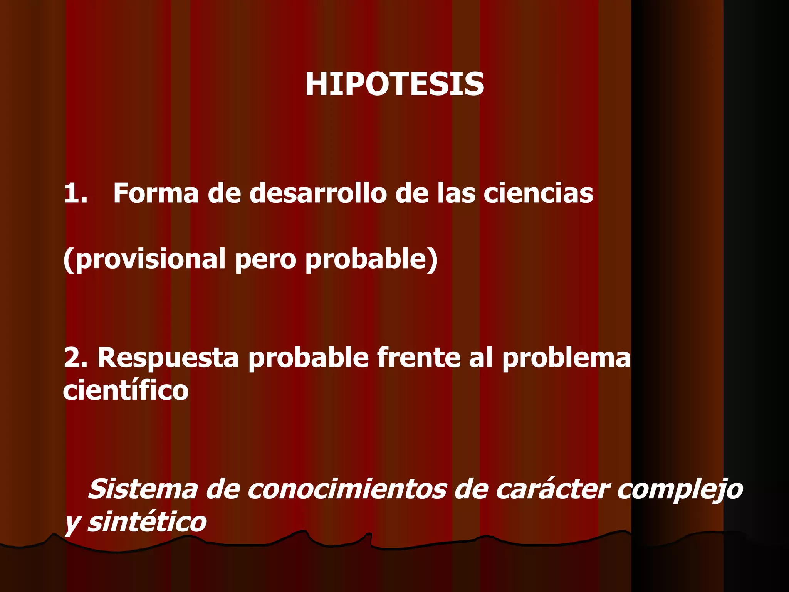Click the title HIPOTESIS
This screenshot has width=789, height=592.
tap(394, 84)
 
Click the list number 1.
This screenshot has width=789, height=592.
tap(76, 193)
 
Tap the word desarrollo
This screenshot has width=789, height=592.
tap(318, 193)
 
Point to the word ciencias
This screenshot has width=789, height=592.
tap(538, 193)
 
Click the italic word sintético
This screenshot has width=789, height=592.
tap(147, 522)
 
